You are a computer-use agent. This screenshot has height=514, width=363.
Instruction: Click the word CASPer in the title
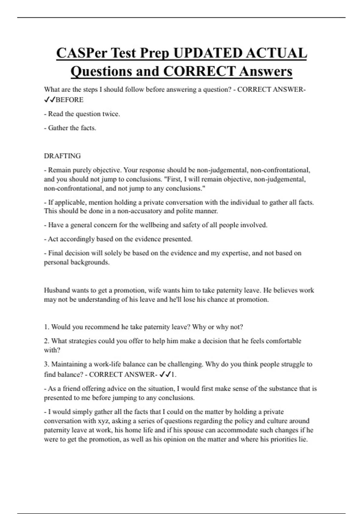(81, 53)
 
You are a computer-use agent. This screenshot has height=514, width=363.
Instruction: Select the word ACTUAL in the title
(276, 53)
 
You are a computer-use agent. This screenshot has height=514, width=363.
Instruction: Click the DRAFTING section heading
(62, 156)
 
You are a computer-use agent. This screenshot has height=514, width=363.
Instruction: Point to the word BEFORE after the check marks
(70, 100)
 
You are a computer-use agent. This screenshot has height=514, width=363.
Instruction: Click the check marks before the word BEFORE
(50, 100)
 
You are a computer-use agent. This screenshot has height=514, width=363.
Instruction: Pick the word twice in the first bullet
(111, 114)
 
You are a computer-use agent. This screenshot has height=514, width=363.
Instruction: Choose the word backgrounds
(90, 262)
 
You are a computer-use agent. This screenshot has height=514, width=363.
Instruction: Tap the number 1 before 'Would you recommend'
(46, 327)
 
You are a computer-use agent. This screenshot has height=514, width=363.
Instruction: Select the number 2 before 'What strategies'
(46, 341)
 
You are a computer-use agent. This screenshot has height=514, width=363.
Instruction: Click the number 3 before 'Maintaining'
(46, 364)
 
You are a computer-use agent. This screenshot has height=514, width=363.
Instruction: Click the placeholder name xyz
(103, 421)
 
